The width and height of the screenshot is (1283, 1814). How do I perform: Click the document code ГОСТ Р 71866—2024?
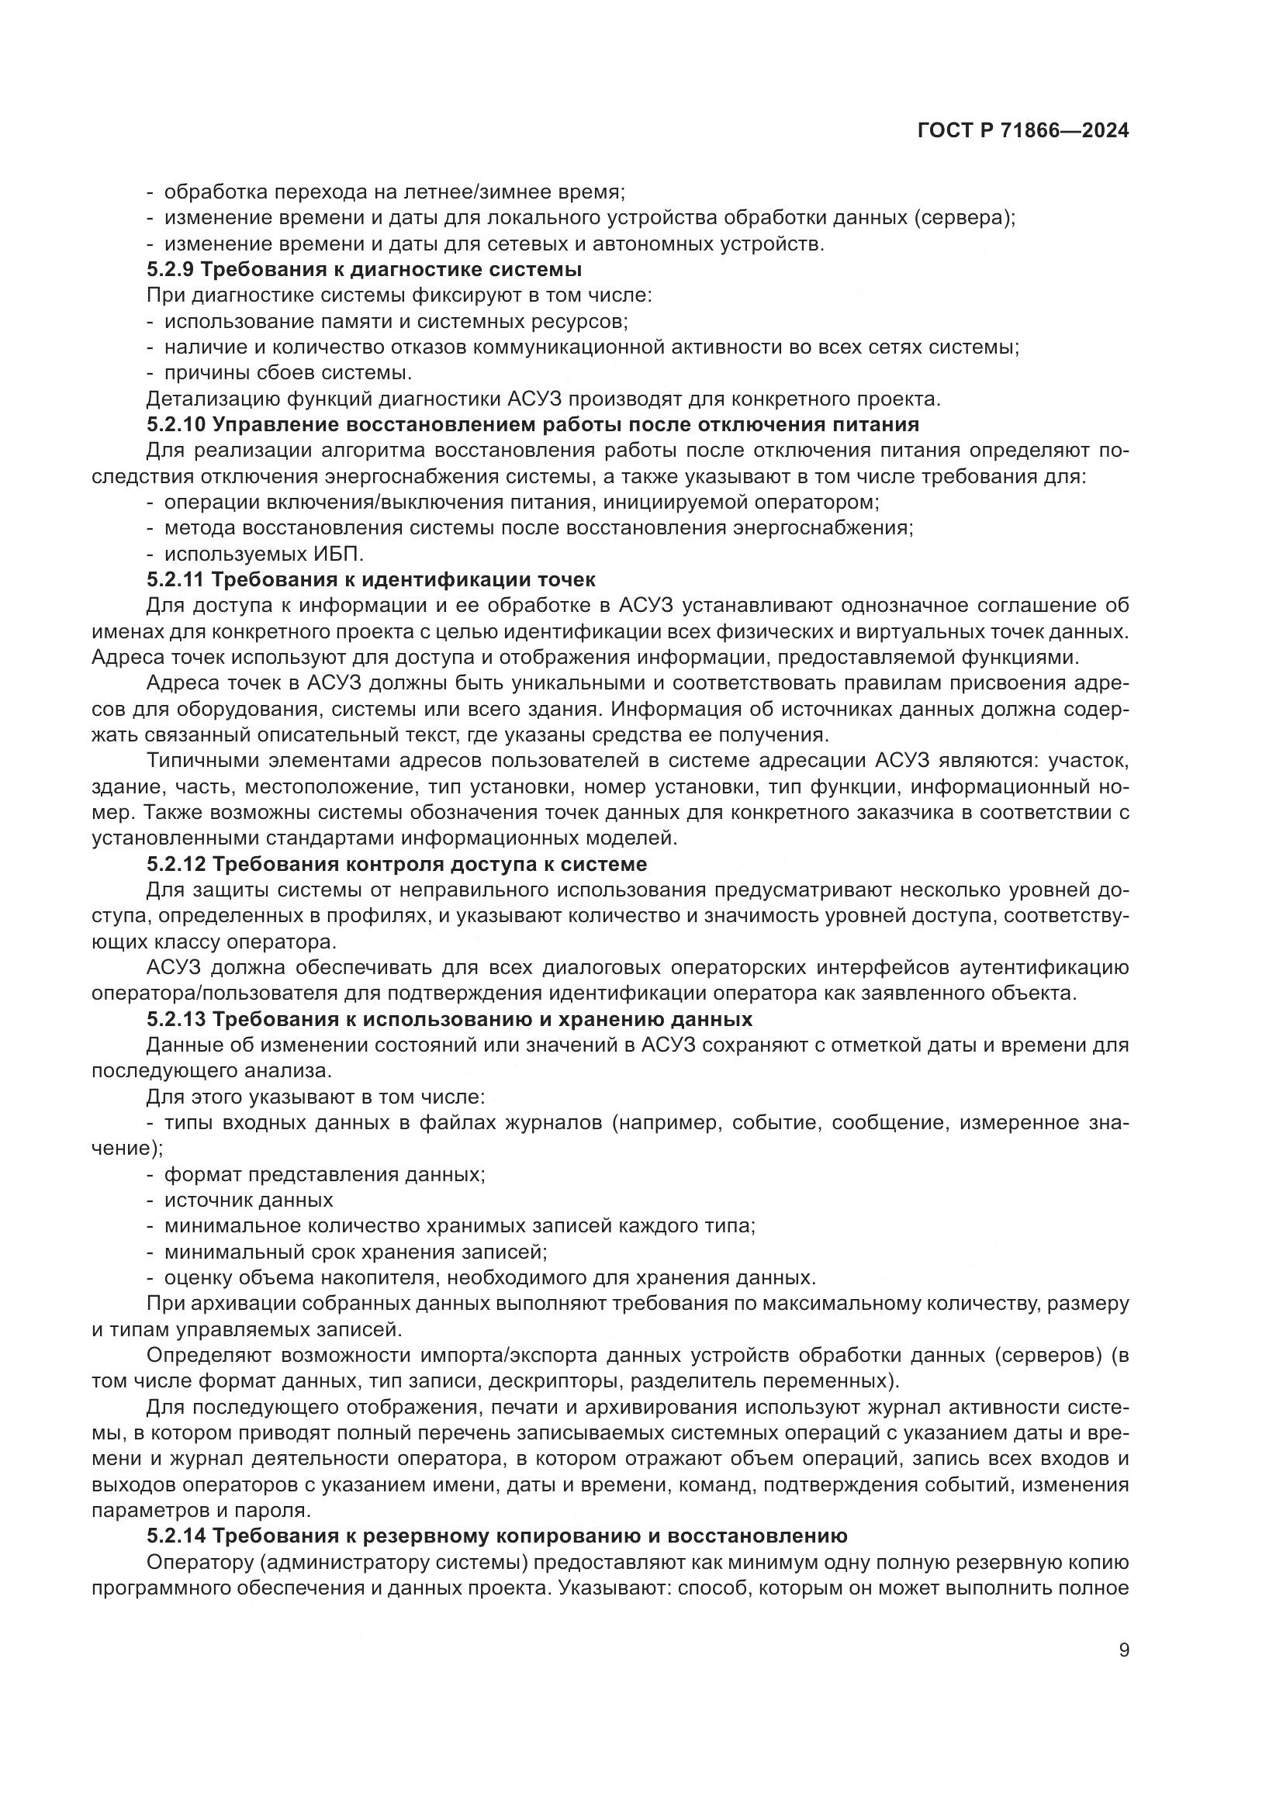(1023, 131)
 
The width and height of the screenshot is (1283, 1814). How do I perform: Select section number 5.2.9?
(170, 269)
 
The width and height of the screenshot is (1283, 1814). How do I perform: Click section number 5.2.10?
(176, 424)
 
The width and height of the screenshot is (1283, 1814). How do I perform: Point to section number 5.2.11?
(175, 579)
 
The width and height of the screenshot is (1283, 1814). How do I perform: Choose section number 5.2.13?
(176, 1018)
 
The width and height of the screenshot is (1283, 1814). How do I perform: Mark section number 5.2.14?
(176, 1535)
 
